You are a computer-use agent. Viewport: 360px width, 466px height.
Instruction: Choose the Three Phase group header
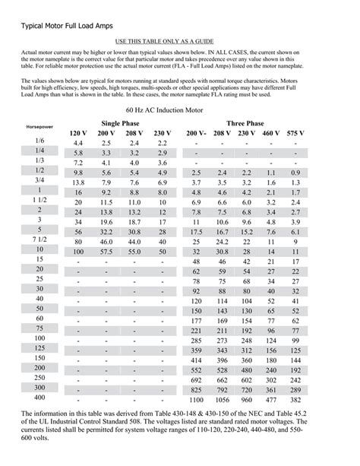point(245,122)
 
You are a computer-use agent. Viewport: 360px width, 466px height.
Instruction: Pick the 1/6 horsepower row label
point(39,141)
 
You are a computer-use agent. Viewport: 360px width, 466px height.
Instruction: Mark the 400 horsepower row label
point(39,398)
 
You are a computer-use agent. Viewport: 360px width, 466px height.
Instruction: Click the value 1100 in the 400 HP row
point(196,399)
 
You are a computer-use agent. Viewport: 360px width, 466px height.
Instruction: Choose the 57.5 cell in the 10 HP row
point(106,251)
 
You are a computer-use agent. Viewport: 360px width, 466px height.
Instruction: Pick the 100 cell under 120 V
point(78,251)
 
